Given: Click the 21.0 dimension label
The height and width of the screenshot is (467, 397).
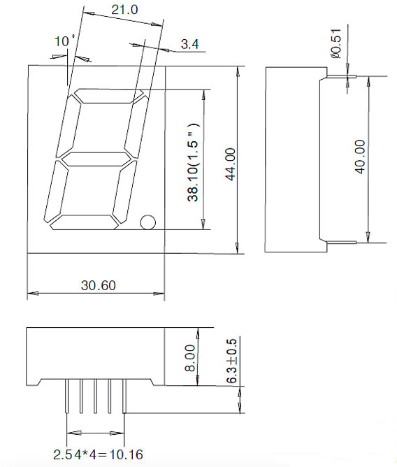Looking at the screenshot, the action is pos(124,10).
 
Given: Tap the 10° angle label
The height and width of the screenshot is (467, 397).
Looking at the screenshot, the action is pos(64,41).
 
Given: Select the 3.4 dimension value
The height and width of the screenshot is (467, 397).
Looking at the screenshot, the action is pos(189,44).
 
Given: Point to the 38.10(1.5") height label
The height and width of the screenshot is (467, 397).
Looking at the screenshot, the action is pos(193,162).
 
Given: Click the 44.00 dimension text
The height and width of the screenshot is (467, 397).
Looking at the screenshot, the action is pos(231,164).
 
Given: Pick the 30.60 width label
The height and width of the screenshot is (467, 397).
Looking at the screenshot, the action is pos(99,285).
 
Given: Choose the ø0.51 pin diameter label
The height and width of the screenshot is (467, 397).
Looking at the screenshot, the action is pos(335,43).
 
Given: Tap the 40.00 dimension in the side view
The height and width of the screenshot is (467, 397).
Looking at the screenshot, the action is pos(360,157).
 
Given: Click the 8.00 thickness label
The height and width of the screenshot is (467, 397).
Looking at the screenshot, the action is pos(189,359).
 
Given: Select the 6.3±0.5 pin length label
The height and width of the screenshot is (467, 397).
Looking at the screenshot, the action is pos(232,361).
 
